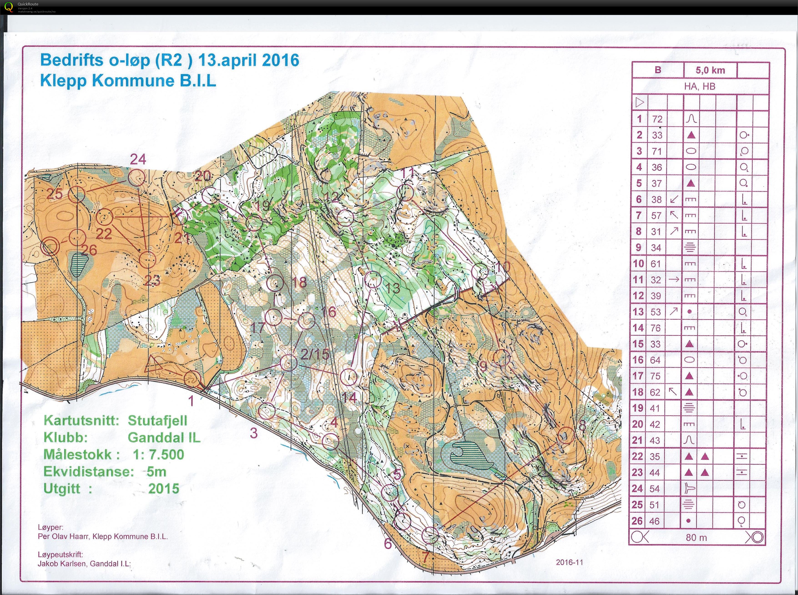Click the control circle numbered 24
click(x=136, y=178)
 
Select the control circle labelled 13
click(x=373, y=279)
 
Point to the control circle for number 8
click(x=566, y=435)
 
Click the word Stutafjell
click(x=157, y=421)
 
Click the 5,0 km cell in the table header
click(x=710, y=70)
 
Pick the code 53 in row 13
click(x=656, y=312)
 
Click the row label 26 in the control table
click(x=637, y=521)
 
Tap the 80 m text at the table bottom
click(x=696, y=538)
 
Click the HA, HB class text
click(x=700, y=86)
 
